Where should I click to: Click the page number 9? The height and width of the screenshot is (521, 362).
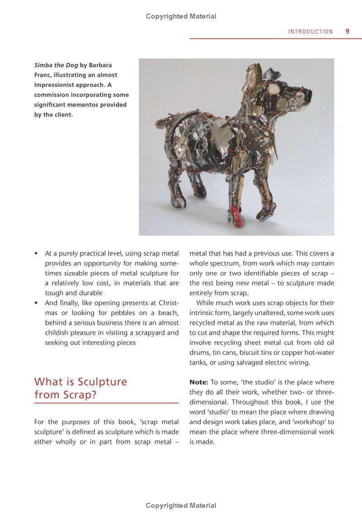(347, 31)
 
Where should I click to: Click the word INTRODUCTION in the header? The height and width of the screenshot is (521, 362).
(310, 32)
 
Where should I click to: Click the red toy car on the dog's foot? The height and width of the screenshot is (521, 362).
(236, 213)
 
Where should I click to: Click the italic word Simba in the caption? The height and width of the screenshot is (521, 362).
(44, 65)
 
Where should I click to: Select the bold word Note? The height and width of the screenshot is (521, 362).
(199, 382)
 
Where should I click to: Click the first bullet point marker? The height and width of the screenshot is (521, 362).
(36, 253)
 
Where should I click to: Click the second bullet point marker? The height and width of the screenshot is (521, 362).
(36, 303)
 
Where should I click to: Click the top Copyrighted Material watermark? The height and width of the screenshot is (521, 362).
(181, 16)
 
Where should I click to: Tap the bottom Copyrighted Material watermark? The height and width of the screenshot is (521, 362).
(181, 505)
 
